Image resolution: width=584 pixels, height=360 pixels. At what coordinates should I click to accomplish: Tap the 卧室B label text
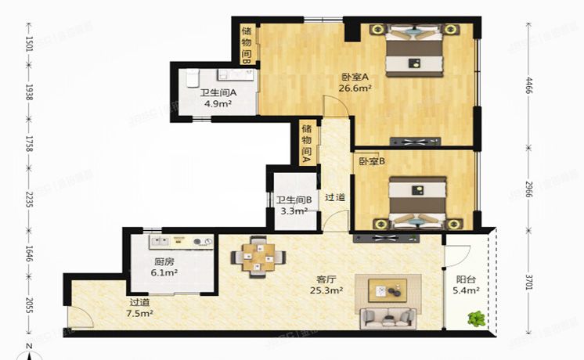point(371,162)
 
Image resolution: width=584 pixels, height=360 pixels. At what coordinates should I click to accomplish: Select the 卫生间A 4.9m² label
point(218,97)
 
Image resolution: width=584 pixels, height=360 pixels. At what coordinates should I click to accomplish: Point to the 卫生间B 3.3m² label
point(294,205)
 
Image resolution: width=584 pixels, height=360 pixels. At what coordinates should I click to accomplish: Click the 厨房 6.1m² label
point(165,268)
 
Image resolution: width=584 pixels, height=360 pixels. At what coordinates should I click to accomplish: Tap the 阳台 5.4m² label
point(467,289)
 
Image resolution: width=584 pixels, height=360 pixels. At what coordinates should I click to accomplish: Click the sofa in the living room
point(388,316)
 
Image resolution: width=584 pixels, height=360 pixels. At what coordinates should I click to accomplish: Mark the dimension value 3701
point(529,279)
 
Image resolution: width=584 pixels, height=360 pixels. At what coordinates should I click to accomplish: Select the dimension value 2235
point(29,201)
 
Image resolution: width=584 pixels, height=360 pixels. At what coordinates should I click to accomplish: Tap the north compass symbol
point(30,352)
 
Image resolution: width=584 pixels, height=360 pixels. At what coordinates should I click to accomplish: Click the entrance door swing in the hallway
point(80,317)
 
